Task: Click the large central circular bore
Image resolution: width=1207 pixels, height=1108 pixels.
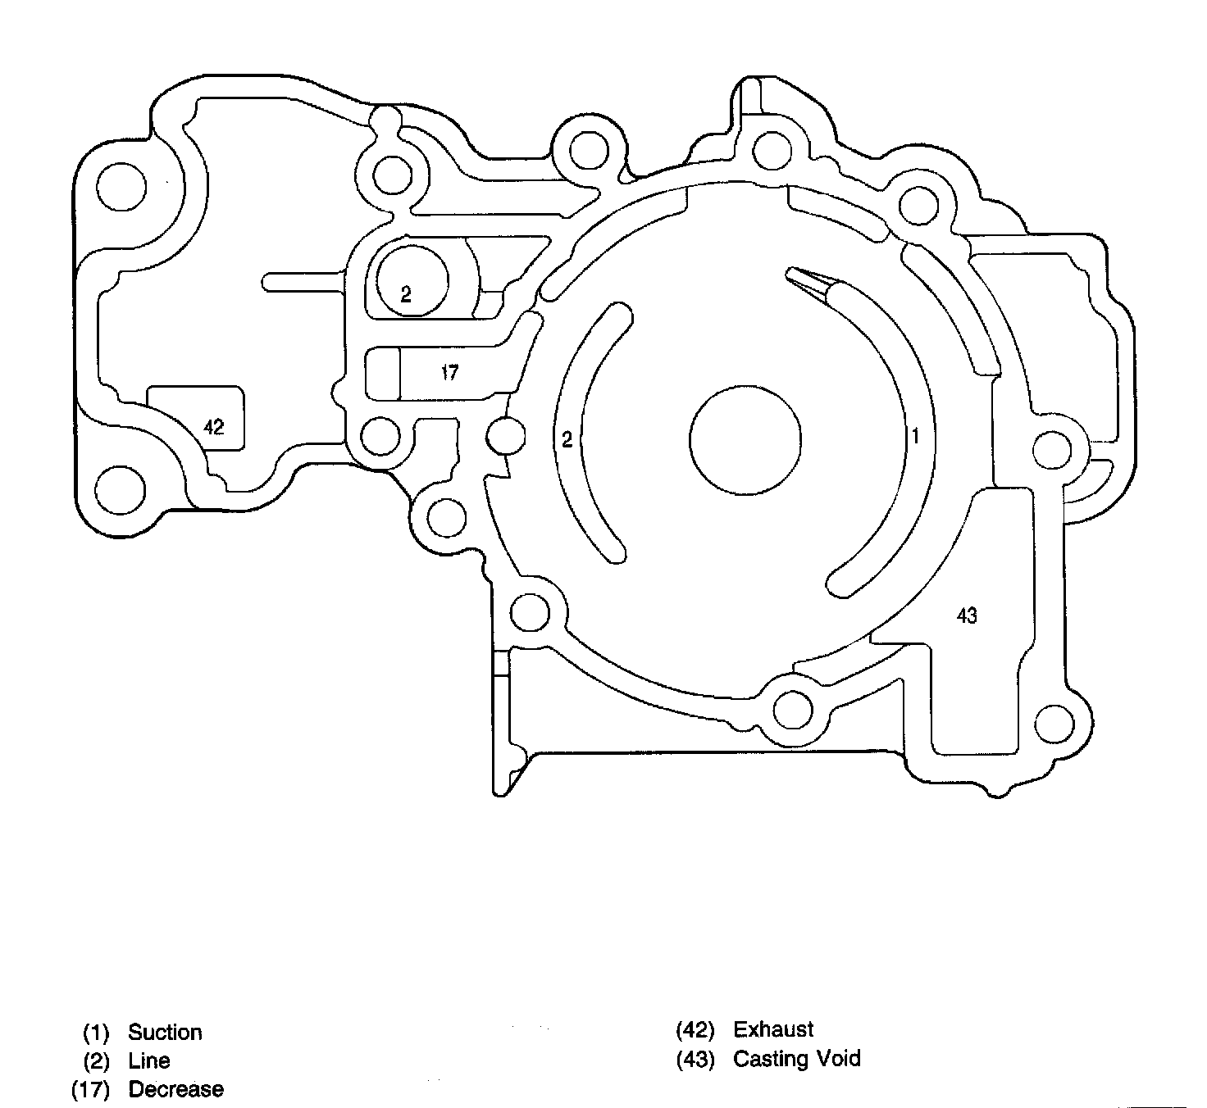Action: click(745, 440)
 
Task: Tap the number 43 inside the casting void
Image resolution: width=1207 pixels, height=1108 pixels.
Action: click(967, 615)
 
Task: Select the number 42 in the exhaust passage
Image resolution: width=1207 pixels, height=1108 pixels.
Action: click(213, 427)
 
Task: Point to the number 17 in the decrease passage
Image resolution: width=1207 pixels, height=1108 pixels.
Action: click(449, 373)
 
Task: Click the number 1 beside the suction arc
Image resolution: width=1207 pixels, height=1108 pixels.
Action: click(915, 435)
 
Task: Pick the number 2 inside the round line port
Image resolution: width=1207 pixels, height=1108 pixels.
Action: click(406, 294)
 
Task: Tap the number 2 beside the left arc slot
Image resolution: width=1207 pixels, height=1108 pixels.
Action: click(567, 439)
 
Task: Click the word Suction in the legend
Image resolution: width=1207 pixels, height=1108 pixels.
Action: click(165, 1032)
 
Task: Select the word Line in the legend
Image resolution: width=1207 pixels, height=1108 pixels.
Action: click(149, 1060)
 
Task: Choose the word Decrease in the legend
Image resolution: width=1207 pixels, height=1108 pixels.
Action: click(176, 1089)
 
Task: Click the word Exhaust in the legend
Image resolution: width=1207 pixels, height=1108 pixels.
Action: click(773, 1029)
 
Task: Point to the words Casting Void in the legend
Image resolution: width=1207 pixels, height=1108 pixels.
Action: click(797, 1059)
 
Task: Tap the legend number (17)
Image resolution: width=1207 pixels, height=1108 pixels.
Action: click(90, 1090)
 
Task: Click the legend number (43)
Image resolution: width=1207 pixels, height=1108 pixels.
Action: click(695, 1060)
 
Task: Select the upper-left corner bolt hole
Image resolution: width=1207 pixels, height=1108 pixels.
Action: click(121, 187)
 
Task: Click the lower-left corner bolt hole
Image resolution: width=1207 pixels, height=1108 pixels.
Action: click(121, 490)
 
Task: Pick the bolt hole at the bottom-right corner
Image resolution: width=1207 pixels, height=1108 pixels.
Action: click(1054, 723)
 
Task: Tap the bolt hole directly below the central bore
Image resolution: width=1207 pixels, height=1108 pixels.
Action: click(793, 710)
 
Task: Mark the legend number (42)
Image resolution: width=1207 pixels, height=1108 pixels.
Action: click(695, 1030)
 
